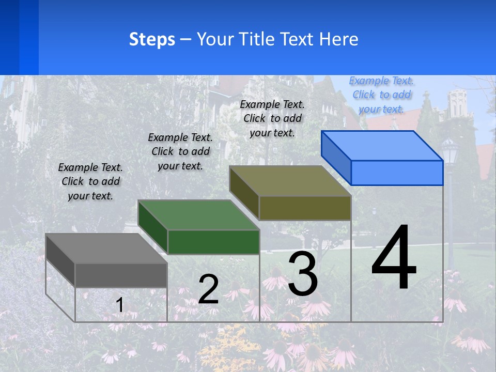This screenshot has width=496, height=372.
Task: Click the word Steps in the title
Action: [152, 39]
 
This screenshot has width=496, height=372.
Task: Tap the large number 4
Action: [394, 258]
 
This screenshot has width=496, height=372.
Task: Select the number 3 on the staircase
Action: [303, 274]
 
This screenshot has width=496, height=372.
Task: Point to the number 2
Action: [208, 289]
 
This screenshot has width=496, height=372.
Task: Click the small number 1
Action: [119, 305]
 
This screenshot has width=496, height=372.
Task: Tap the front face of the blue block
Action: [397, 173]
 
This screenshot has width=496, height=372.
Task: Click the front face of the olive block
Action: [305, 208]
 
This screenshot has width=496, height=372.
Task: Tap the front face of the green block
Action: [213, 242]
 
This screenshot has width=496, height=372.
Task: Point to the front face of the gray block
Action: [121, 275]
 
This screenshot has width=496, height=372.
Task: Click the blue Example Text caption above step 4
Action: [381, 95]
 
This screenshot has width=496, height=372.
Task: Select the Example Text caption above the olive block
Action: [272, 118]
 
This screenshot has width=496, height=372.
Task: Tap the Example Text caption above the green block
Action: [180, 151]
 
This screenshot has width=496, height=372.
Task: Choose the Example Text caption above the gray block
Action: [90, 181]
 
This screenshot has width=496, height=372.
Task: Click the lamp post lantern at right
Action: [450, 152]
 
